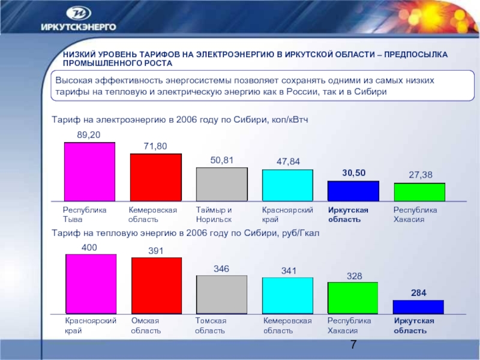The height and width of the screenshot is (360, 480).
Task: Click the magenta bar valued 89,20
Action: click(x=89, y=172)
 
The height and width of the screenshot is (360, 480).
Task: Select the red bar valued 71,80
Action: click(x=155, y=177)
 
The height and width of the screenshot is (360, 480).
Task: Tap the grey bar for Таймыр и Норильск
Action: click(x=221, y=184)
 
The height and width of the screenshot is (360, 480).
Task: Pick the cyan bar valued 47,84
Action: click(x=287, y=185)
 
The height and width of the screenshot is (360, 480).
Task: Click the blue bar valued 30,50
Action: click(x=353, y=191)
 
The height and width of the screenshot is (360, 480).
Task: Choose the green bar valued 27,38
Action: click(x=419, y=192)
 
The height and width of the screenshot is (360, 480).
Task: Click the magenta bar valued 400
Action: click(x=91, y=284)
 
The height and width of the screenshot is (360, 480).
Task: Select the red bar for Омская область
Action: click(x=156, y=286)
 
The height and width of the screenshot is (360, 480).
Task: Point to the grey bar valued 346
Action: click(x=221, y=295)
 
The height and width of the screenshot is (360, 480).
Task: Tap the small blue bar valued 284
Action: click(x=418, y=307)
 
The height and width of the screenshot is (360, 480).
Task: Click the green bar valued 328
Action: click(x=353, y=298)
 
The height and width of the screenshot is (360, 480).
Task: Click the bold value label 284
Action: click(x=419, y=293)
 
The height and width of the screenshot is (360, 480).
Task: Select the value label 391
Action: click(x=156, y=251)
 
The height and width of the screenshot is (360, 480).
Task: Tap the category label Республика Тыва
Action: click(x=85, y=215)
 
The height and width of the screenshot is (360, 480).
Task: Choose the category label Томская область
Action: click(x=211, y=326)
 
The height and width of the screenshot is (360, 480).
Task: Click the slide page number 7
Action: click(x=353, y=345)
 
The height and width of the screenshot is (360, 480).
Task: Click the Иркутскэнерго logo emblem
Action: click(x=79, y=13)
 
